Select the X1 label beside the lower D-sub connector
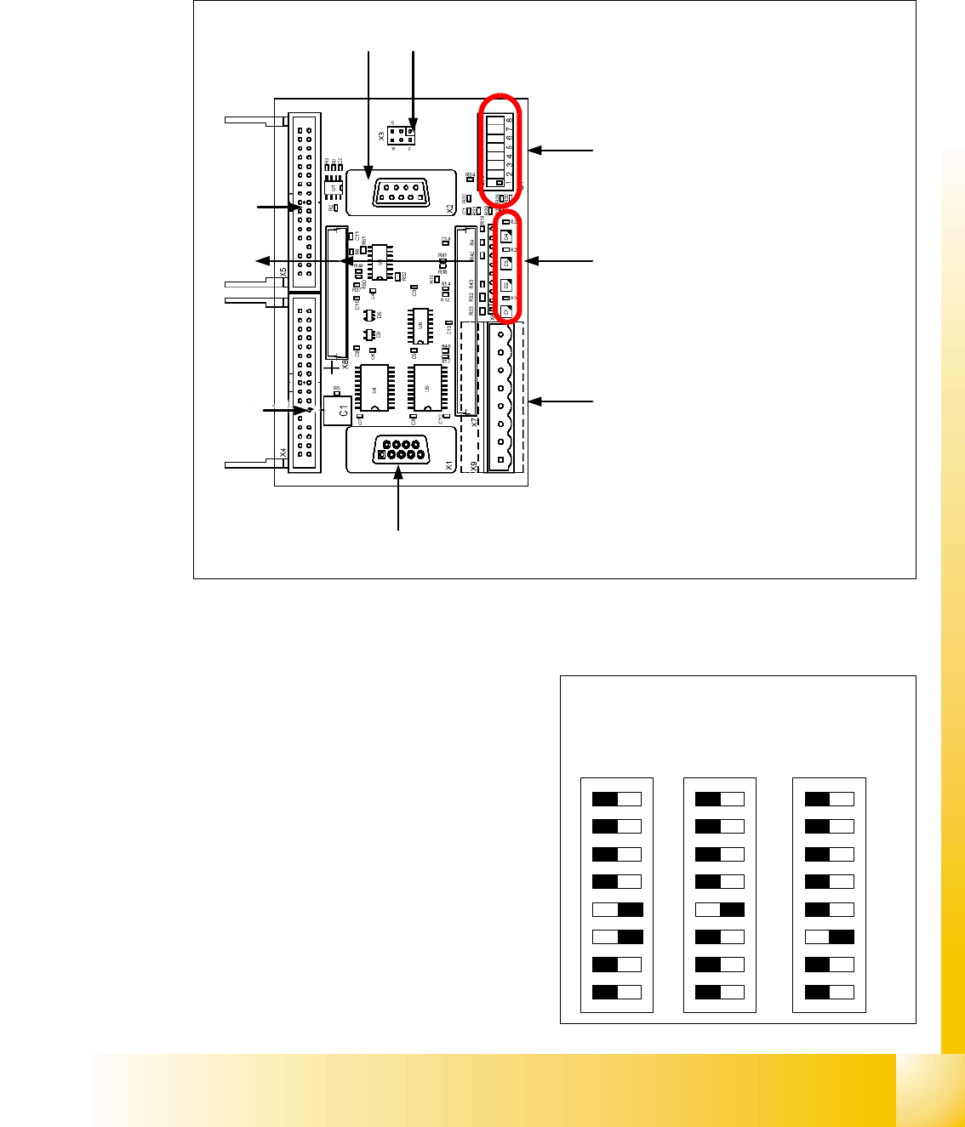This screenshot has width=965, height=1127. [449, 465]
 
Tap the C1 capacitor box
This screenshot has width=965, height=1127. [338, 411]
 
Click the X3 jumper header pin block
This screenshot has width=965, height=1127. [400, 135]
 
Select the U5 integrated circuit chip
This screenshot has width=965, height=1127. [426, 389]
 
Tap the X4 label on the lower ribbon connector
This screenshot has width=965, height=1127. [283, 454]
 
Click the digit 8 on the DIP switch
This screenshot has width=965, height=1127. [510, 120]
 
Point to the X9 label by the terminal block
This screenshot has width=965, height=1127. [474, 466]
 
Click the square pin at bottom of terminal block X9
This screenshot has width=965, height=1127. [500, 460]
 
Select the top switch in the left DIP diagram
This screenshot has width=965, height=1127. [617, 799]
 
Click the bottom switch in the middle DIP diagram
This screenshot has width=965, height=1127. [720, 992]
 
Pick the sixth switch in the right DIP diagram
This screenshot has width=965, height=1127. [830, 937]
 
